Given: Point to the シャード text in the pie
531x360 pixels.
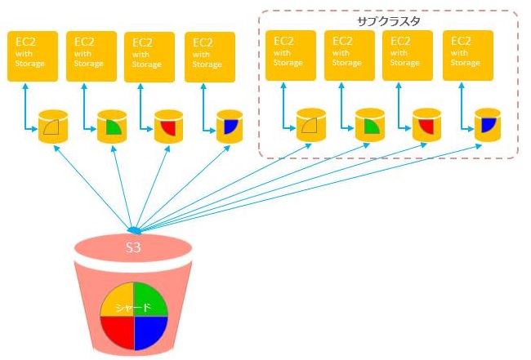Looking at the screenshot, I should pyautogui.click(x=133, y=308).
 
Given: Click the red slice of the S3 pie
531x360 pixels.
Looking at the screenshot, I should pyautogui.click(x=116, y=332).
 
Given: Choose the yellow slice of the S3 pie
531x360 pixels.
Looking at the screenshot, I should pyautogui.click(x=116, y=299).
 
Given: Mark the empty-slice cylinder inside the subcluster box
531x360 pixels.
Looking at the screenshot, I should pyautogui.click(x=310, y=125).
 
